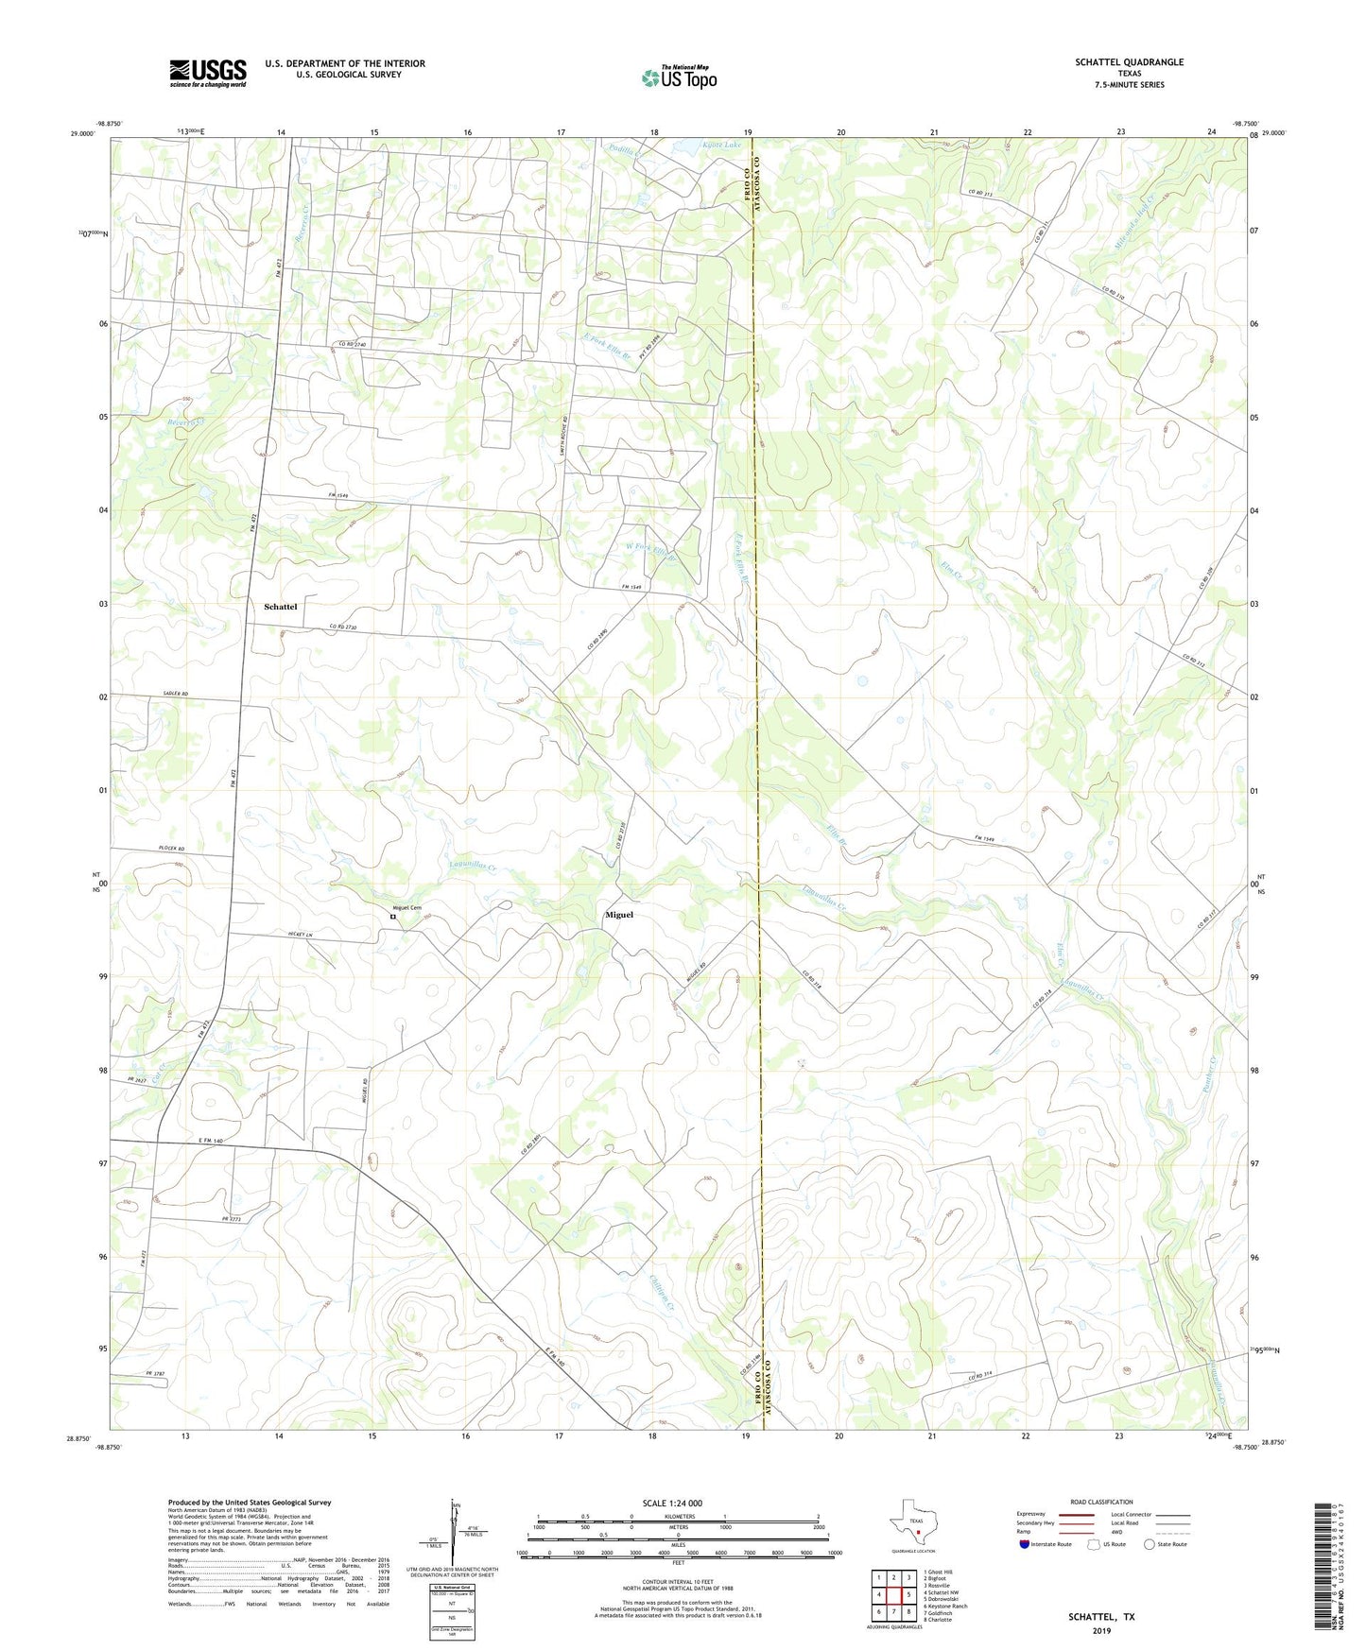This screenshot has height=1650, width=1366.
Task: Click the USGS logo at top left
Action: pos(208,73)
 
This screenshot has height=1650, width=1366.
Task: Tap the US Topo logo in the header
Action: pos(679,77)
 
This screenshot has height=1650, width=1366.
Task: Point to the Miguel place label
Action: pos(619,915)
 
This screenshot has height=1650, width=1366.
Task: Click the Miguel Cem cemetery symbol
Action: pos(393,917)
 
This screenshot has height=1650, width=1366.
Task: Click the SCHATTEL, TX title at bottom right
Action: pos(1101,1617)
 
